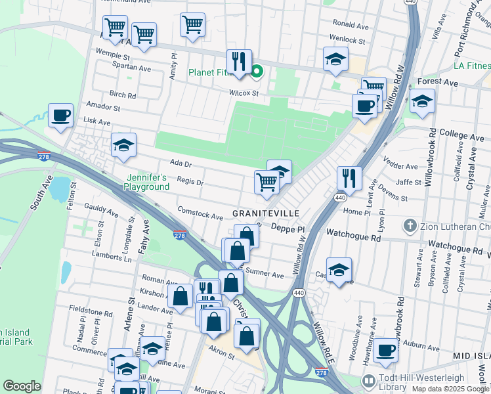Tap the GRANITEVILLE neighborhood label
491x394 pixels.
266,214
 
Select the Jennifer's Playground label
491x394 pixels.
148,182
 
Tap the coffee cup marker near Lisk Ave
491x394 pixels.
61,116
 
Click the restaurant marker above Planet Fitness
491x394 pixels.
240,61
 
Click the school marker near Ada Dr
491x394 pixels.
123,145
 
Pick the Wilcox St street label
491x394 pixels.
244,93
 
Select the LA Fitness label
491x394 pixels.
471,66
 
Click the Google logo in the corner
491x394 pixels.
22,386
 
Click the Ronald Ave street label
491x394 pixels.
348,24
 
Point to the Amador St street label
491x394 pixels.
104,107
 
